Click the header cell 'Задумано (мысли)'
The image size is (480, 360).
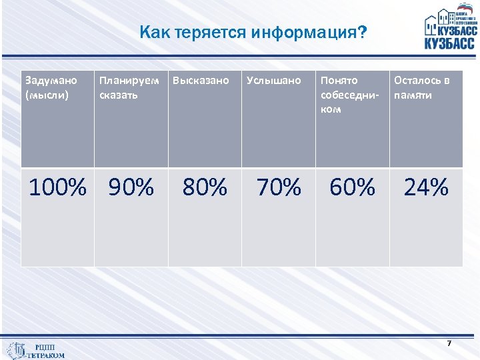(51, 87)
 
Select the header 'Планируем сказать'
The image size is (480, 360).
(129, 87)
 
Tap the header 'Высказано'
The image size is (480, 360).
(201, 81)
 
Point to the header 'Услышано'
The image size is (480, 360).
(273, 81)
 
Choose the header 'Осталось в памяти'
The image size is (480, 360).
(422, 87)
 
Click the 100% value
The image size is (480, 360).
(57, 188)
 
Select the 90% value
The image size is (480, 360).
(131, 188)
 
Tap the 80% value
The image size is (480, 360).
(205, 188)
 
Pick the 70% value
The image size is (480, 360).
(279, 188)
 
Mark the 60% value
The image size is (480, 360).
(352, 188)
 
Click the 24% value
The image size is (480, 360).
(426, 188)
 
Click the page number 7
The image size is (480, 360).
(449, 343)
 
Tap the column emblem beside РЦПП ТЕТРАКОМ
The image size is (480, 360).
(16, 350)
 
